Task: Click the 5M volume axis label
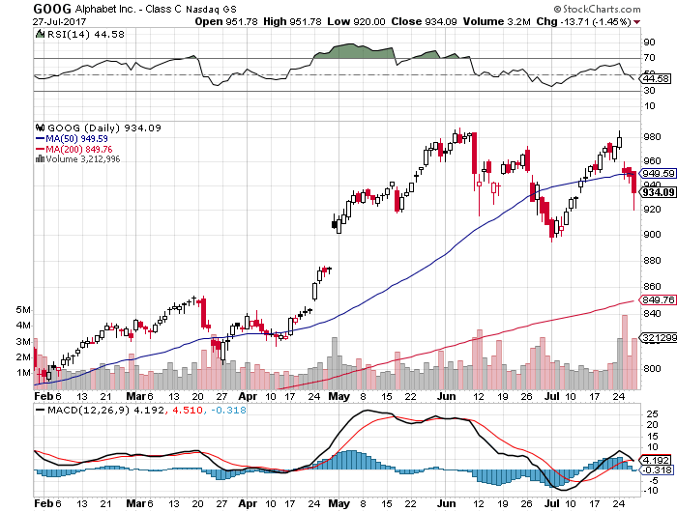[22, 309]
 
